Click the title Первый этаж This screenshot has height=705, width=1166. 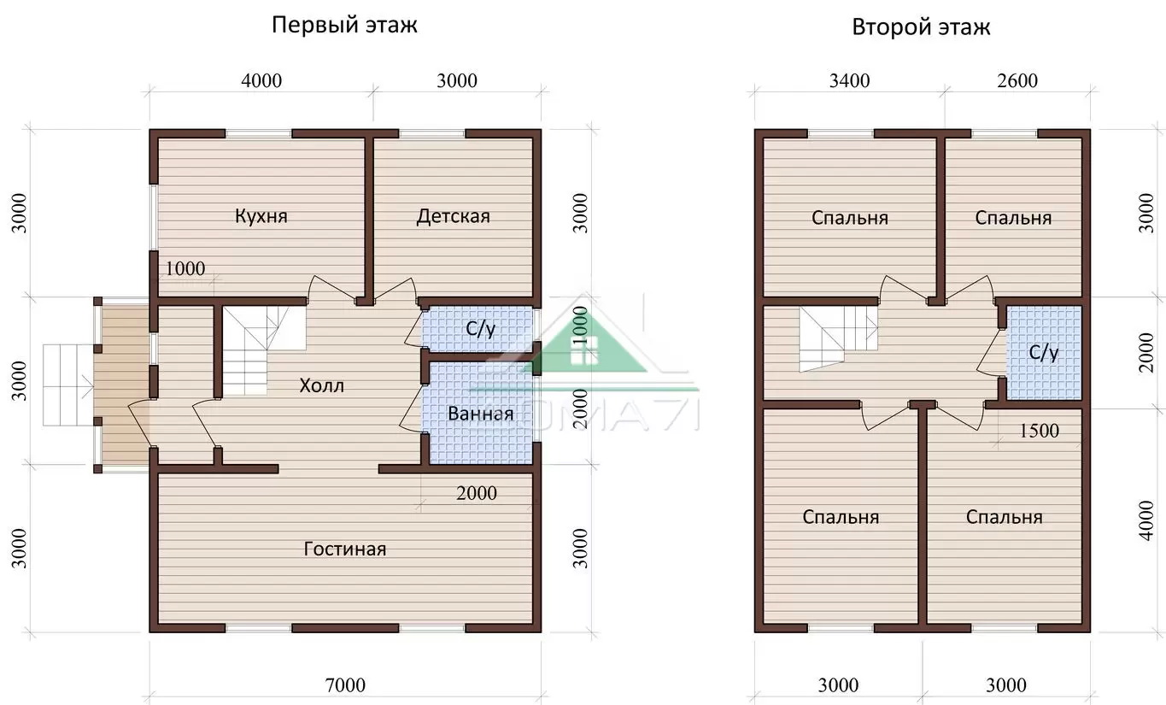(x=344, y=26)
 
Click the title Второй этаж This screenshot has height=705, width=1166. (x=921, y=27)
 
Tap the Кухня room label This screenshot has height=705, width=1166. (x=261, y=216)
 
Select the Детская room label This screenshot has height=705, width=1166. (x=453, y=216)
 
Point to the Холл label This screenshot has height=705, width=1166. (x=322, y=385)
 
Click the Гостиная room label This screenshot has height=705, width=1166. (x=344, y=549)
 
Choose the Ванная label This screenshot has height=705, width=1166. (x=480, y=414)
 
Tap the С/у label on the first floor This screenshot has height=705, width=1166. (x=480, y=328)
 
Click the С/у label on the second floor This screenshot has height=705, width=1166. (x=1044, y=353)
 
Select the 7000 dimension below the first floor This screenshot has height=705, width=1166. (x=345, y=685)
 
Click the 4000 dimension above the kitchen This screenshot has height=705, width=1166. (x=262, y=80)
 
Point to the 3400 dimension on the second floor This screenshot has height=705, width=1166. (x=849, y=80)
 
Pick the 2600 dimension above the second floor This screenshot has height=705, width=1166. (x=1017, y=80)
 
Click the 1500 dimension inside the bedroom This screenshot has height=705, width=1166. (x=1039, y=432)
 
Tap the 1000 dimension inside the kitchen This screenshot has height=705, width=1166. (x=185, y=268)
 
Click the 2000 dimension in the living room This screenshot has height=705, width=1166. (x=477, y=493)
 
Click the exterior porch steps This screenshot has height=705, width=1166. (x=67, y=385)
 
